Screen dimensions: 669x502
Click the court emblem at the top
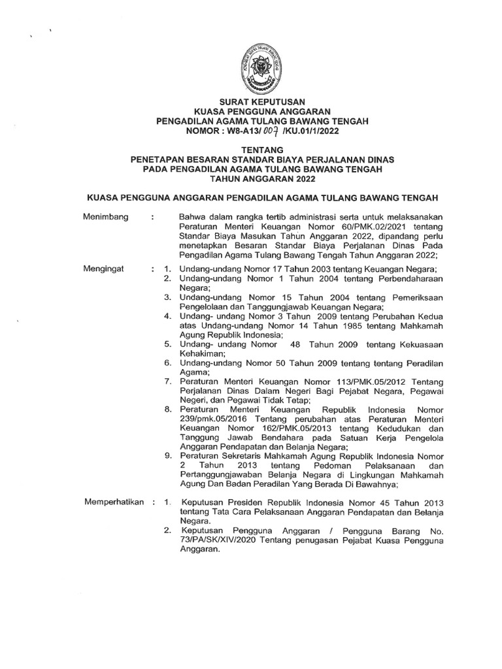[x=251, y=66]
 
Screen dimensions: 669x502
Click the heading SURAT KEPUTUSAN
[x=251, y=101]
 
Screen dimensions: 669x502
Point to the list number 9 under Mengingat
[x=168, y=454]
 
